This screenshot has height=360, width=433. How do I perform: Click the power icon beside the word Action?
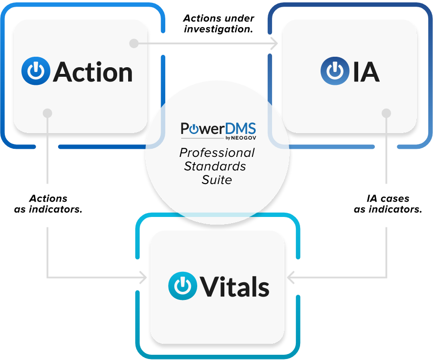point(36,71)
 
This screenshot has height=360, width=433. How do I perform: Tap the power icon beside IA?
point(335,71)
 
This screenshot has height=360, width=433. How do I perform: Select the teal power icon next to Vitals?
point(182,286)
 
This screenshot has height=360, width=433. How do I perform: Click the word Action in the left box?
point(93,72)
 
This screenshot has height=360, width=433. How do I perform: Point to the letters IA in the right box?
point(366,72)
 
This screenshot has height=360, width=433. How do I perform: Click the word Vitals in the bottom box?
point(235,287)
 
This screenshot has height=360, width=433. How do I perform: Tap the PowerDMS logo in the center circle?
point(219,131)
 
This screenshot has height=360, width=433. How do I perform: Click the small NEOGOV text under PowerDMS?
point(243,138)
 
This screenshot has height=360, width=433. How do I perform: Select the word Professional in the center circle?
point(217,153)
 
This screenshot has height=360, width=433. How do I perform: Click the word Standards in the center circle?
point(215,166)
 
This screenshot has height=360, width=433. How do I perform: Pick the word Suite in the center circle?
point(217,180)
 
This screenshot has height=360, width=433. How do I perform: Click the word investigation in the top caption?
point(218,29)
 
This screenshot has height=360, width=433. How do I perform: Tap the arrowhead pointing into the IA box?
point(274,43)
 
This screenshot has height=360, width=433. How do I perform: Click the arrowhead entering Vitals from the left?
point(143,278)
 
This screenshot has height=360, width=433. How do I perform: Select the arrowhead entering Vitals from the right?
point(291,278)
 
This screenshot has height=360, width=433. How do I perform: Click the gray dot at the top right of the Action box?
point(134,43)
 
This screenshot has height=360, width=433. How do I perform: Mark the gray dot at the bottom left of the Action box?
point(48,113)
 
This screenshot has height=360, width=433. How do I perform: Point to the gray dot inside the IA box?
point(386,113)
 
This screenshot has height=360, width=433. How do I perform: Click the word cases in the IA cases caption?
point(394,198)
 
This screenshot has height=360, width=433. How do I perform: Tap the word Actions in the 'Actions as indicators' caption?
point(48,198)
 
